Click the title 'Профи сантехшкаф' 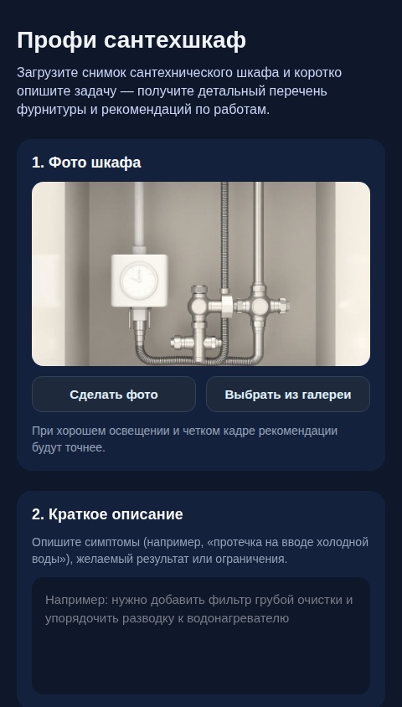(x=131, y=40)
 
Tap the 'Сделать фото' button (x=114, y=395)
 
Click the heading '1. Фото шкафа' (x=86, y=163)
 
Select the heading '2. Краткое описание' (x=107, y=514)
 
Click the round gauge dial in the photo (x=139, y=281)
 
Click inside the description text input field (x=201, y=653)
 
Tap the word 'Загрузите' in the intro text (x=49, y=73)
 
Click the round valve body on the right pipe (x=260, y=307)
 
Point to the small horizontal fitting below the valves (x=195, y=343)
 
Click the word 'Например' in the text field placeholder (x=75, y=600)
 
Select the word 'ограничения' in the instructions (x=251, y=559)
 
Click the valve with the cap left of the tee (x=198, y=305)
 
